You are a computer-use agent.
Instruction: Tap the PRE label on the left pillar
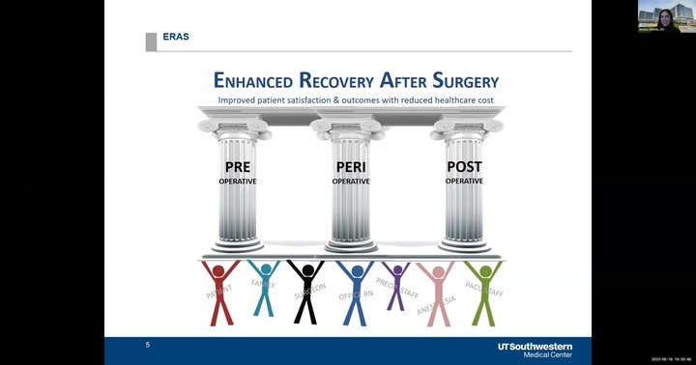click(237, 167)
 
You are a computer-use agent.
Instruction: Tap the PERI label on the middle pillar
click(350, 167)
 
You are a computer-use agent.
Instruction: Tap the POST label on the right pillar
click(464, 167)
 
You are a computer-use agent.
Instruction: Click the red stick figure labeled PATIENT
click(221, 290)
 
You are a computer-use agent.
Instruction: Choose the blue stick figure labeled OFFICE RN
click(356, 290)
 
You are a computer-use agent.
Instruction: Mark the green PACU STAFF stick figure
click(481, 290)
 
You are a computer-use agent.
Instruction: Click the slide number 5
click(148, 345)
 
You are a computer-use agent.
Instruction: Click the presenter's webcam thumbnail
click(665, 16)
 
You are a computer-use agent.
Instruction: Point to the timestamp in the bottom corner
click(670, 358)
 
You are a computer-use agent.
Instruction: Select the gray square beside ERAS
click(151, 42)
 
